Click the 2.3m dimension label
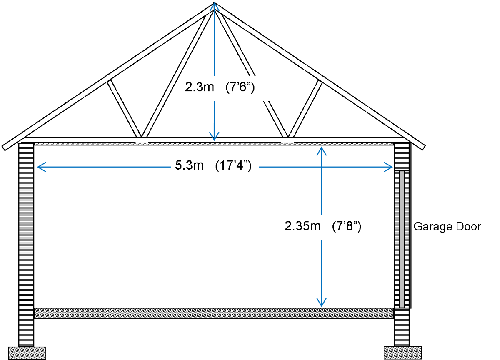coord(199,88)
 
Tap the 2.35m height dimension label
coord(302,227)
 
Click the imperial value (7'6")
coord(240,88)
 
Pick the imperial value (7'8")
coord(346,227)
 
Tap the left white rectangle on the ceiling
coord(142,140)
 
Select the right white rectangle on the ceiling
coord(287,140)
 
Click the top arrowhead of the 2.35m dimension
coord(321,150)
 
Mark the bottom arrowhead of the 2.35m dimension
coord(321,303)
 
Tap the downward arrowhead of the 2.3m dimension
coord(215,137)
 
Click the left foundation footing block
coord(27,352)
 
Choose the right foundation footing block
coord(402,352)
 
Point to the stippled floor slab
coord(214,313)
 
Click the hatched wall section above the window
coord(402,156)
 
